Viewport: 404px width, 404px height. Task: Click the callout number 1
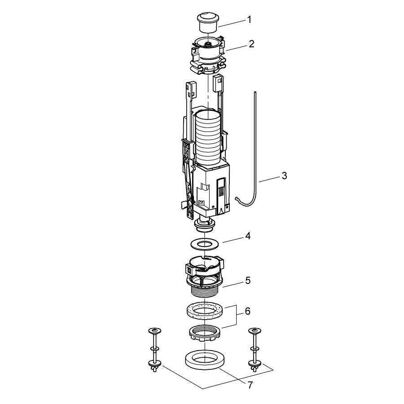point(249,20)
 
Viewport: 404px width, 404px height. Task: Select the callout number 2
point(251,44)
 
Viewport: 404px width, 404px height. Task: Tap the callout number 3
point(284,176)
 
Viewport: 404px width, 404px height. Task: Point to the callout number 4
point(248,236)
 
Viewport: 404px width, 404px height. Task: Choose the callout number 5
point(248,280)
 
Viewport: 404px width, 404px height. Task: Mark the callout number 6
point(247,311)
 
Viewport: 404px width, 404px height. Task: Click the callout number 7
point(250,386)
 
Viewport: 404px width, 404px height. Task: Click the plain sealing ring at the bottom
point(205,360)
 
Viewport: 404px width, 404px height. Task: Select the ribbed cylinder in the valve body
point(208,138)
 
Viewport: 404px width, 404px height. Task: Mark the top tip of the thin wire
point(255,92)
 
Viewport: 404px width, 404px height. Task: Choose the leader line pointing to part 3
point(269,179)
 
